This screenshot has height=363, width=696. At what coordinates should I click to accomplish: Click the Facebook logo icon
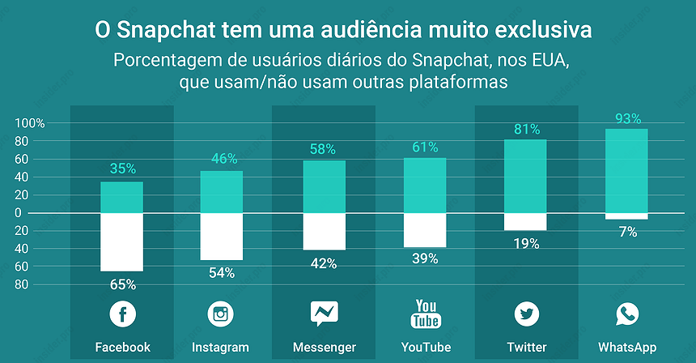click(123, 314)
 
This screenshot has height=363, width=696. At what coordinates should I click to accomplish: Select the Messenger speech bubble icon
click(325, 314)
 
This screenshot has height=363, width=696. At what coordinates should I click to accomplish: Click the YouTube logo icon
click(427, 314)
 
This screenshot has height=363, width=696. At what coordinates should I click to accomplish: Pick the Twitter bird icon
click(526, 314)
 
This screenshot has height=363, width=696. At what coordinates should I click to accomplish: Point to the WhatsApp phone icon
click(626, 314)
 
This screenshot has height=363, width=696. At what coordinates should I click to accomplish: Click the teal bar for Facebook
click(121, 197)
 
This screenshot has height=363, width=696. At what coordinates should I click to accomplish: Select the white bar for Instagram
click(221, 237)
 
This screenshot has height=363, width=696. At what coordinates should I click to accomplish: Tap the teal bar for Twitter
click(525, 176)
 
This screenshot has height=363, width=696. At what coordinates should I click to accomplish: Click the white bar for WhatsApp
click(626, 216)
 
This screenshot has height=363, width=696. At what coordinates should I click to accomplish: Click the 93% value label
click(626, 118)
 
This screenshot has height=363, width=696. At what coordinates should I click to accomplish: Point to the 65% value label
click(123, 284)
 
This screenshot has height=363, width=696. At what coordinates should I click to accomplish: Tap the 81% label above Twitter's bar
click(526, 129)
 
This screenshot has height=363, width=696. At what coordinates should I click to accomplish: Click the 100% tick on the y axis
click(30, 123)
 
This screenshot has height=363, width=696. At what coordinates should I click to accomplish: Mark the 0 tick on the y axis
click(40, 212)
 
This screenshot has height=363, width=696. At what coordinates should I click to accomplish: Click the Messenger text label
click(325, 348)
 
